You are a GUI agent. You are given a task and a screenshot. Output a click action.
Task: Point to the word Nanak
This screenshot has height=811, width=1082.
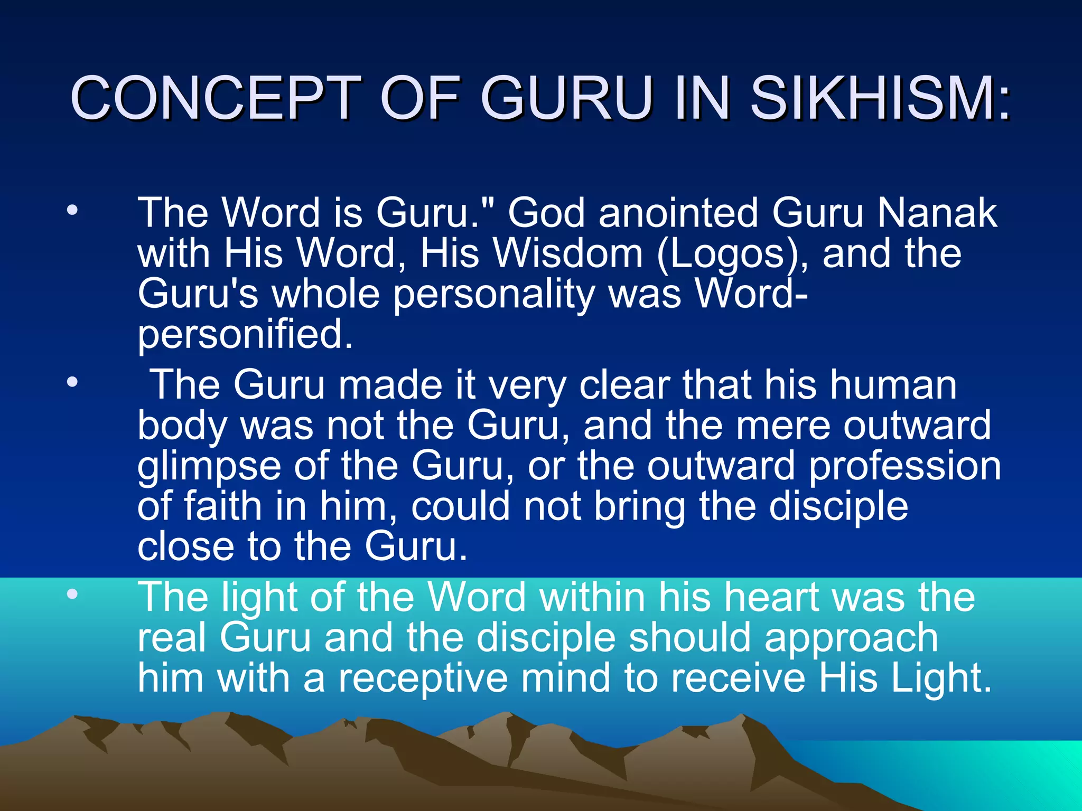point(937,213)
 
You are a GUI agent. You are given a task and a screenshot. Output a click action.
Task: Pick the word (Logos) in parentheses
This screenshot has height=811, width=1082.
point(731,254)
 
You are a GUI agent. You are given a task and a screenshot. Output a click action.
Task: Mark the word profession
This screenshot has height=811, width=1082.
point(904,466)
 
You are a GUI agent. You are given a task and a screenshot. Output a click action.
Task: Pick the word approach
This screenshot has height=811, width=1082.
point(851,638)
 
